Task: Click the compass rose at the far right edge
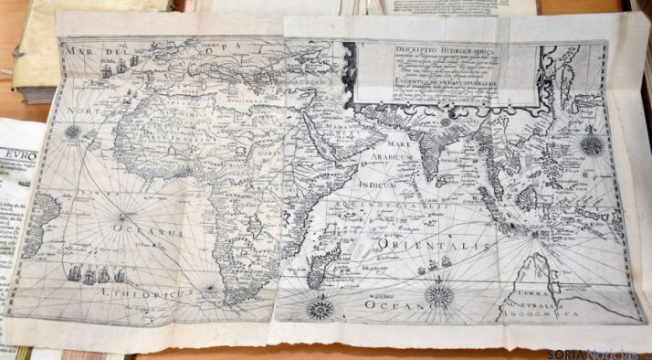tap(591, 144)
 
